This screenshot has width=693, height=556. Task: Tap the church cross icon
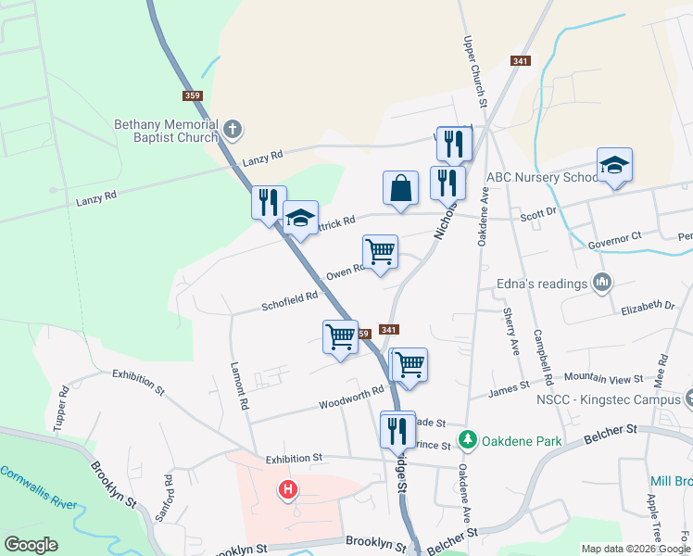pos(233,130)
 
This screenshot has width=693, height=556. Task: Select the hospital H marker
pos(289,488)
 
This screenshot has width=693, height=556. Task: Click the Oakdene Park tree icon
pos(469,441)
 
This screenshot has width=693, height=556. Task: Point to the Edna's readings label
pos(547,284)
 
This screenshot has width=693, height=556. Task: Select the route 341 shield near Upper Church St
pos(520,61)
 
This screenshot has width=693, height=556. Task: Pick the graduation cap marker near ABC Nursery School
pos(614,166)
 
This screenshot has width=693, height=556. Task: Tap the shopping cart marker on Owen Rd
pos(380,251)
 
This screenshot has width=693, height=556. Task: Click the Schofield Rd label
pos(289,299)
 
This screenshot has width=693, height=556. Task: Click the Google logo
pos(31,545)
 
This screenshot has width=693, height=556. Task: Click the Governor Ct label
pos(614,240)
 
